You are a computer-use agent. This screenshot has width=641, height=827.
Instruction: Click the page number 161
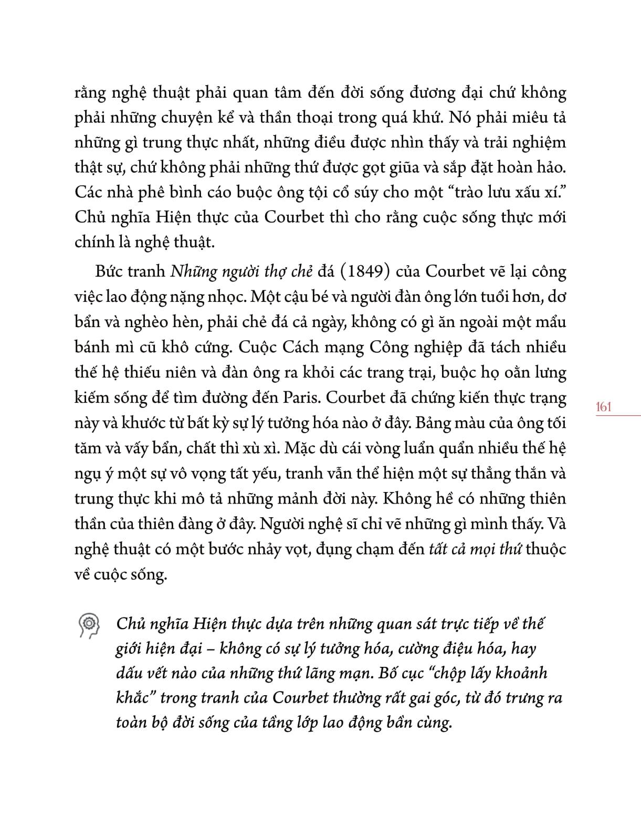point(604,406)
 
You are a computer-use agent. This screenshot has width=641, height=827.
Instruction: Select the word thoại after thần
point(308,118)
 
